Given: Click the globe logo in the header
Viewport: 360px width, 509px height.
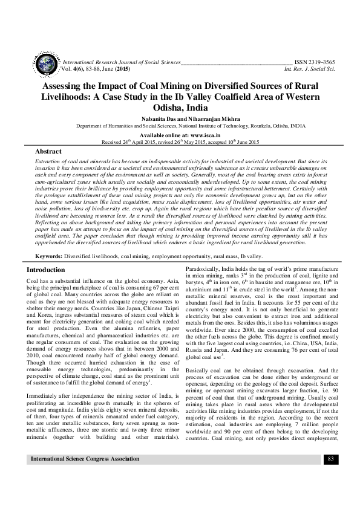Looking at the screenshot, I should click(x=46, y=64).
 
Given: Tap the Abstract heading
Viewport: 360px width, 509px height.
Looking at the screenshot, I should click(x=48, y=151).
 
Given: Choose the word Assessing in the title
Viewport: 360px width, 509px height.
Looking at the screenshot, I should click(x=65, y=86).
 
